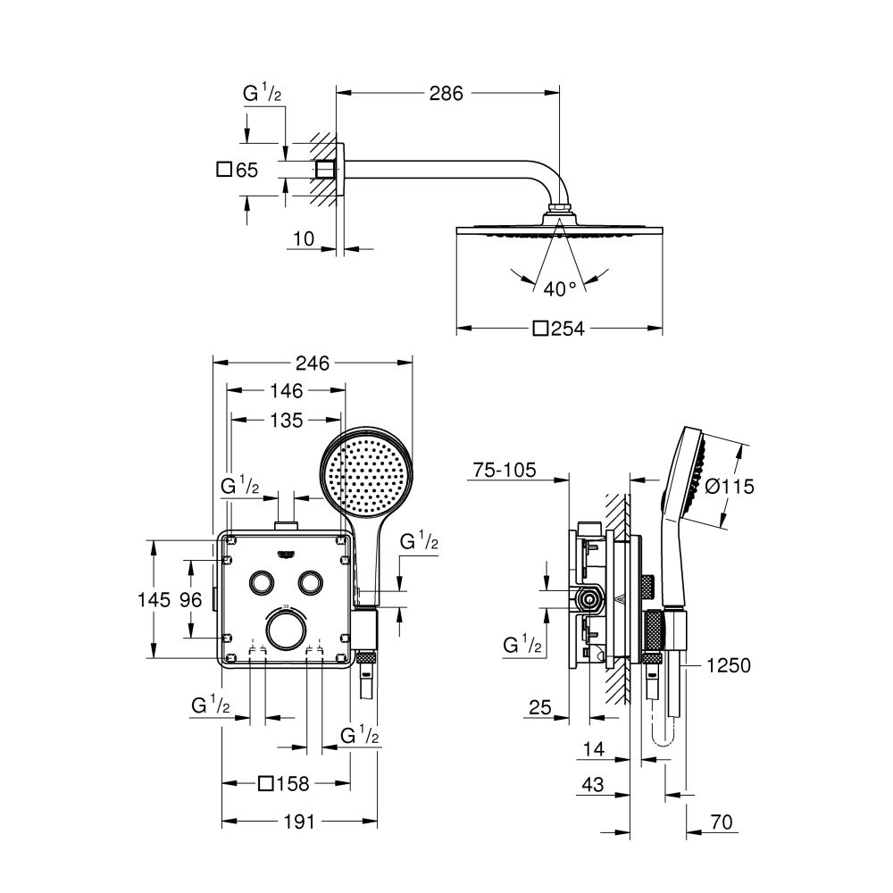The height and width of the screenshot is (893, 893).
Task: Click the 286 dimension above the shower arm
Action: [x=446, y=93]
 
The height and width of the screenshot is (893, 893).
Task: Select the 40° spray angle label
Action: [x=560, y=288]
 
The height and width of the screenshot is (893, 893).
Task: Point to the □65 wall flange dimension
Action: [x=238, y=169]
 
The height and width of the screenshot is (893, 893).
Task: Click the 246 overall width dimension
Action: [x=313, y=363]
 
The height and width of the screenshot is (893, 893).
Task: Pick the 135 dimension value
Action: [x=286, y=419]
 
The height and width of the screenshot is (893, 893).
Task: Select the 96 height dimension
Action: [x=191, y=600]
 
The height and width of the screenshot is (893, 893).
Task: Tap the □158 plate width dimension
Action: [x=283, y=784]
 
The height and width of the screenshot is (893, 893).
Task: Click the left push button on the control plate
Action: [x=263, y=580]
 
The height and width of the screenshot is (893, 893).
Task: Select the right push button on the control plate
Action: [x=310, y=580]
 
